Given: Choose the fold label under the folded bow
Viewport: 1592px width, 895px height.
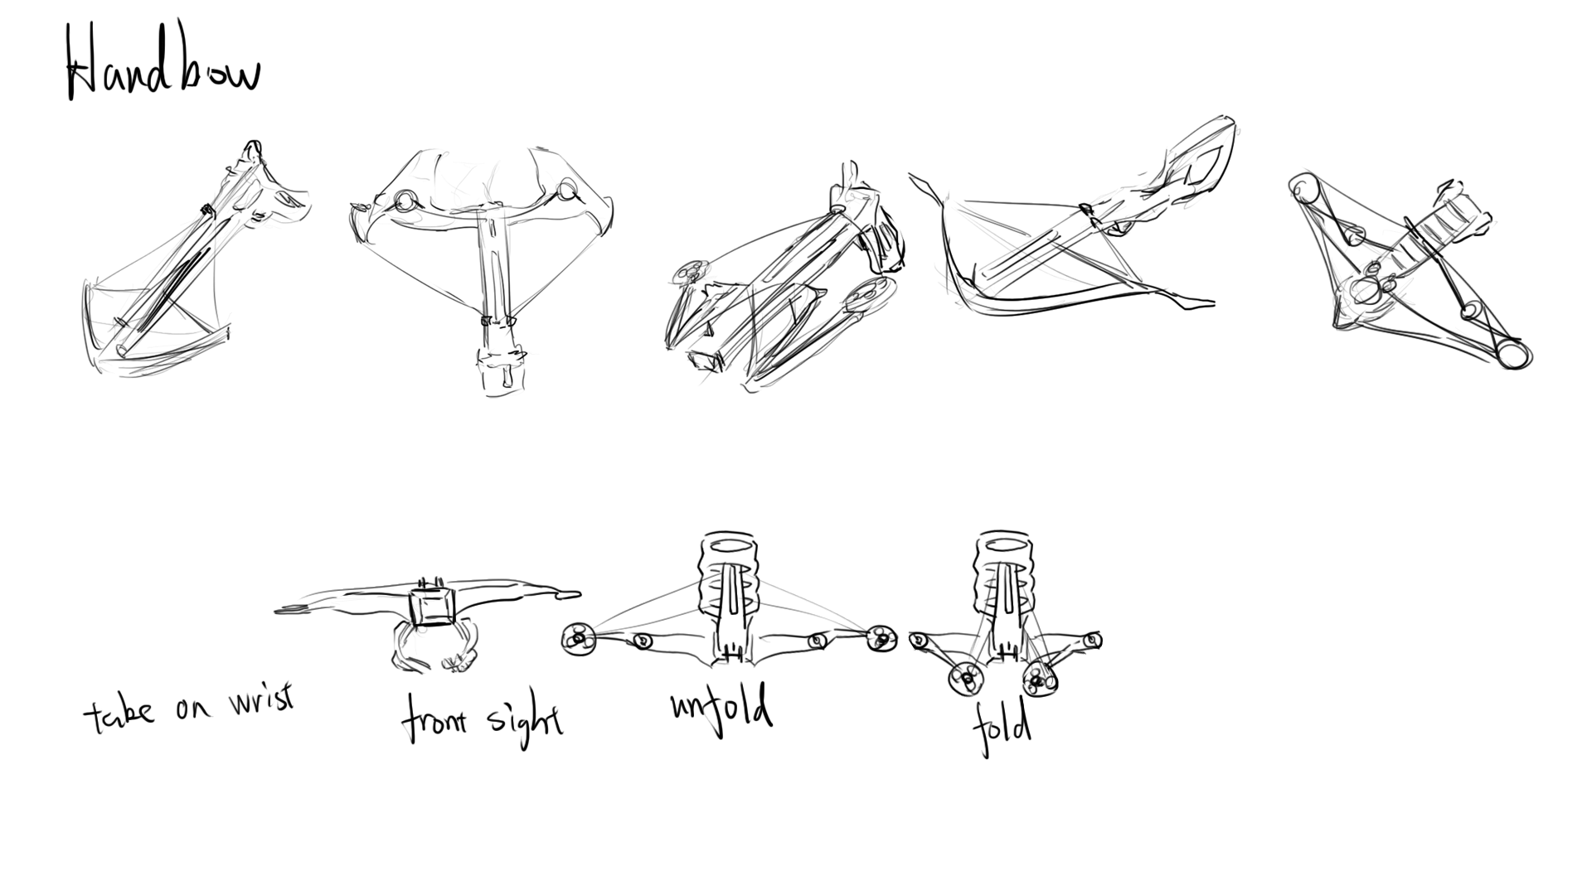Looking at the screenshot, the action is point(1002,727).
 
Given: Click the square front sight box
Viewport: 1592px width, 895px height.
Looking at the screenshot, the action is point(434,607).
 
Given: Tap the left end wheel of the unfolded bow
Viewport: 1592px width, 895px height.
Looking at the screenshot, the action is point(577,639).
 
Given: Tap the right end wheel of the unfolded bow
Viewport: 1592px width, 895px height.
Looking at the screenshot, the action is point(881,639).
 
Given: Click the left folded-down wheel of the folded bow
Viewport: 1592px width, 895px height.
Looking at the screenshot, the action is point(965,680).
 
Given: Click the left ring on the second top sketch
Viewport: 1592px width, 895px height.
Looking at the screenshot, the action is point(405,199).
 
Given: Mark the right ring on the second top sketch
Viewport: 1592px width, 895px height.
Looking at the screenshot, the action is point(566,190).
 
